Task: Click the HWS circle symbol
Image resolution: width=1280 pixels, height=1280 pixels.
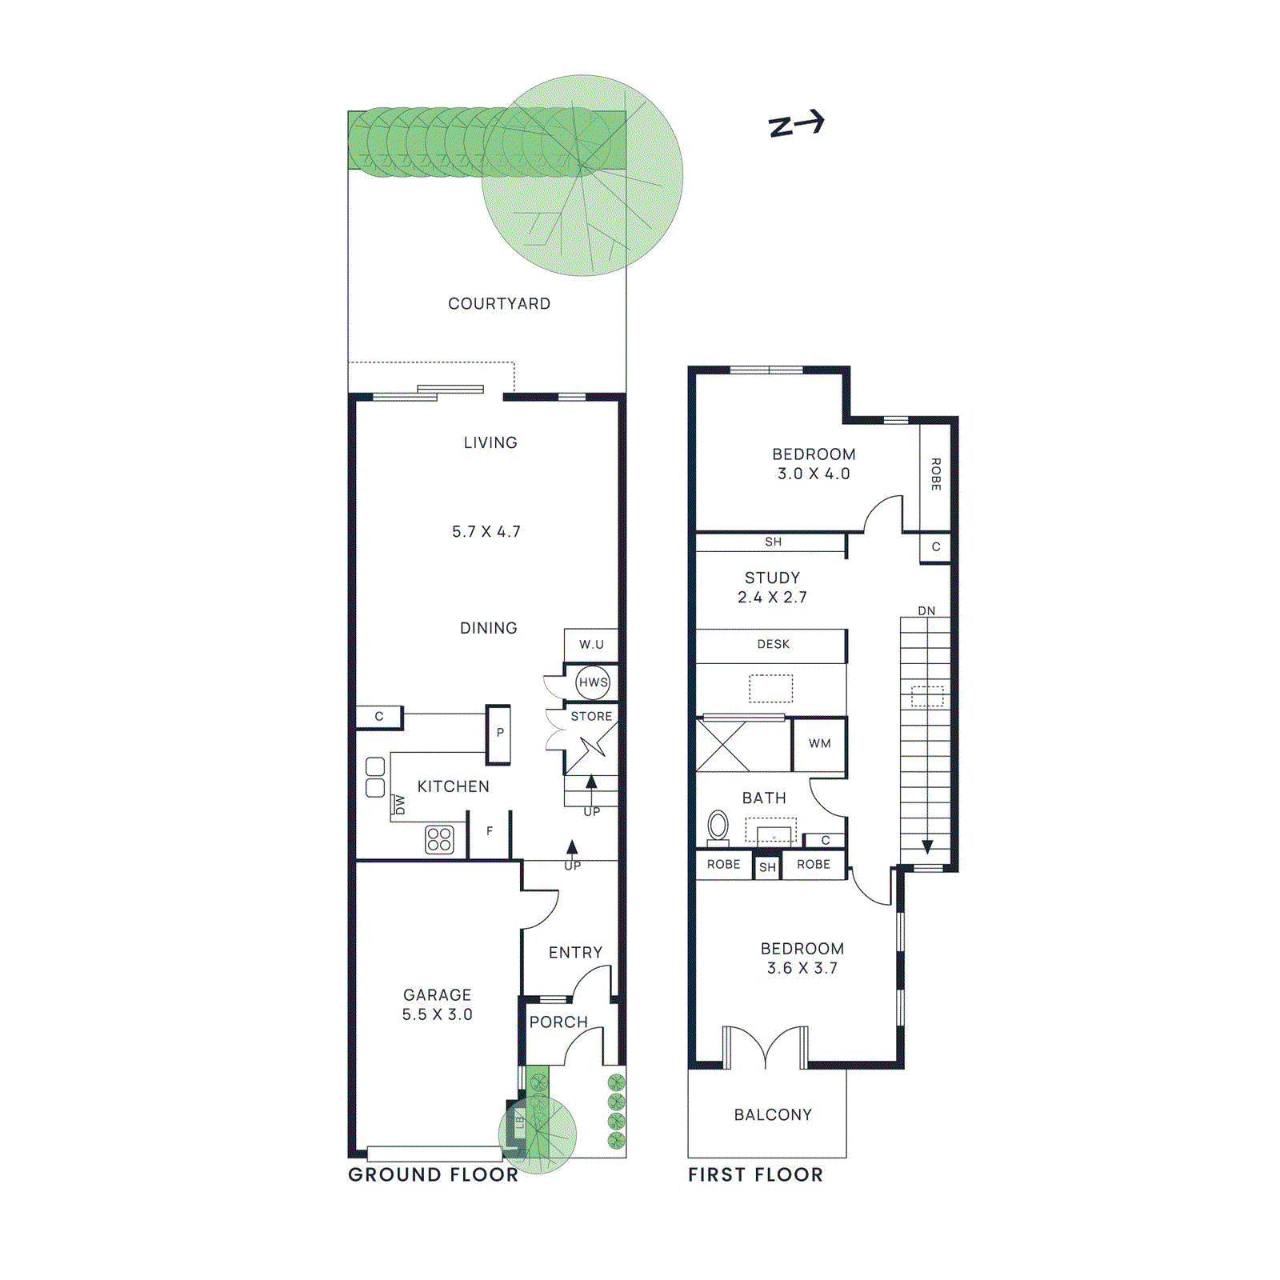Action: [x=593, y=682]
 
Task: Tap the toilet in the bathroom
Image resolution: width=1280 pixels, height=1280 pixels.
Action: [x=718, y=826]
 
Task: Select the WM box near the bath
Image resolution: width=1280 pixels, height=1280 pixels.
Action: [x=819, y=743]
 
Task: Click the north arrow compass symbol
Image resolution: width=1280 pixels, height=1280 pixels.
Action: [x=796, y=124]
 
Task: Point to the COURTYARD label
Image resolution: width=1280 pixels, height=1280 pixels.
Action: [x=499, y=304]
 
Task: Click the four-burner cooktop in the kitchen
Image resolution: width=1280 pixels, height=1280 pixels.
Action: [x=439, y=839]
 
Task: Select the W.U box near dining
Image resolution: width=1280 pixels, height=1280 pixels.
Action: [x=591, y=645]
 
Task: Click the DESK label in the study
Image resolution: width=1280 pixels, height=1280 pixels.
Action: [x=773, y=645]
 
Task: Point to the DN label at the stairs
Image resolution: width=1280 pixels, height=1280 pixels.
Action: [x=926, y=611]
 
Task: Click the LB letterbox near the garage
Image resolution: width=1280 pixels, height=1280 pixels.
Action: [x=518, y=1123]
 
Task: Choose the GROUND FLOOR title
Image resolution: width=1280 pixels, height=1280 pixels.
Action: [x=433, y=1174]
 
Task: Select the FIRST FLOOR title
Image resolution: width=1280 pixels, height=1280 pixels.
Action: [x=755, y=1174]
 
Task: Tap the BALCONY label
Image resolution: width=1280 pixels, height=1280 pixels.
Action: [x=773, y=1114]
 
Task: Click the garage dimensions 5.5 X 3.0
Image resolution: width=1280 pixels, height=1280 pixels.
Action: [x=437, y=1014]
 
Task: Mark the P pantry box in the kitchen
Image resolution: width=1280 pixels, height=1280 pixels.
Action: [x=499, y=733]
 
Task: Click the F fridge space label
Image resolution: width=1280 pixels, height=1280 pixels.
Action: [x=490, y=832]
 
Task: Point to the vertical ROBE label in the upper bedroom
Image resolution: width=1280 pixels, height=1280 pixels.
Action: [x=935, y=474]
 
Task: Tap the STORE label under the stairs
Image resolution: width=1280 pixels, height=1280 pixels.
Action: [x=591, y=717]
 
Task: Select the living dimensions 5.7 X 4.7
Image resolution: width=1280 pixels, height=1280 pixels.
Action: [x=486, y=532]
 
